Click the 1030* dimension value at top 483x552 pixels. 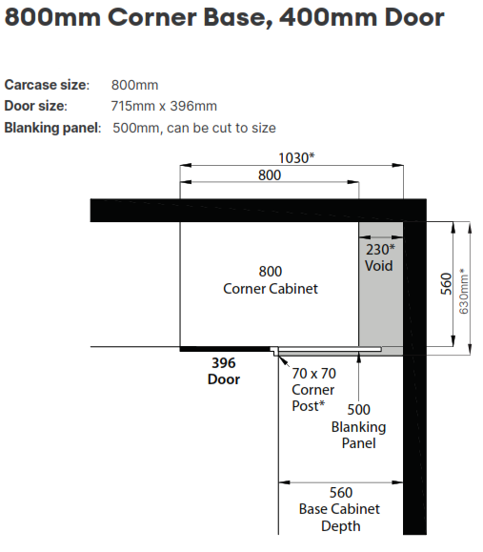click(296, 158)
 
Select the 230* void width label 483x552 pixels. click(380, 250)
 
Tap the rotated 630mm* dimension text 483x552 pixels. click(464, 291)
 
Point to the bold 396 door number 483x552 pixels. click(223, 363)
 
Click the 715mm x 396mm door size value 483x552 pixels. click(164, 106)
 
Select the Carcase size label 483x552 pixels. click(47, 85)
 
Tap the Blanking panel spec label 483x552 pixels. click(52, 128)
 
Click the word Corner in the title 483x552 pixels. click(152, 17)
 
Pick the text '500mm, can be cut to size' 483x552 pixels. click(194, 128)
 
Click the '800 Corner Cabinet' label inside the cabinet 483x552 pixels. click(271, 280)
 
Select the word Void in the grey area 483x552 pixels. click(378, 266)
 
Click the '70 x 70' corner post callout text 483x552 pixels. click(313, 373)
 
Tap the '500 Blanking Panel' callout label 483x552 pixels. click(358, 426)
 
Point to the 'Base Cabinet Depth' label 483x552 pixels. click(339, 518)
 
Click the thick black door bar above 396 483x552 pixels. click(225, 349)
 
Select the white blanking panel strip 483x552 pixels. click(330, 349)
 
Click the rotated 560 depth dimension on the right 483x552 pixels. click(446, 284)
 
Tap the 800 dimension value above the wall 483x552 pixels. click(270, 175)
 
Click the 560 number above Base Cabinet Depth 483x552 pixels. click(340, 493)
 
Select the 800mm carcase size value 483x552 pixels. click(134, 85)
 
